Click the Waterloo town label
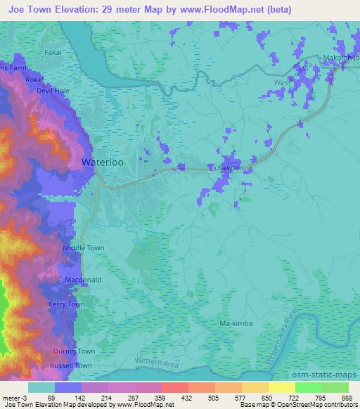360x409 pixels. point(103,162)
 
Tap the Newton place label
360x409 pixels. point(231,168)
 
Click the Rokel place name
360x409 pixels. point(34,81)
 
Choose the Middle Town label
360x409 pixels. point(84,248)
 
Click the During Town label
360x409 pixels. point(74,351)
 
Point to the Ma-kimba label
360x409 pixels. point(235,324)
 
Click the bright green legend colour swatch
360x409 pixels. point(309,387)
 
